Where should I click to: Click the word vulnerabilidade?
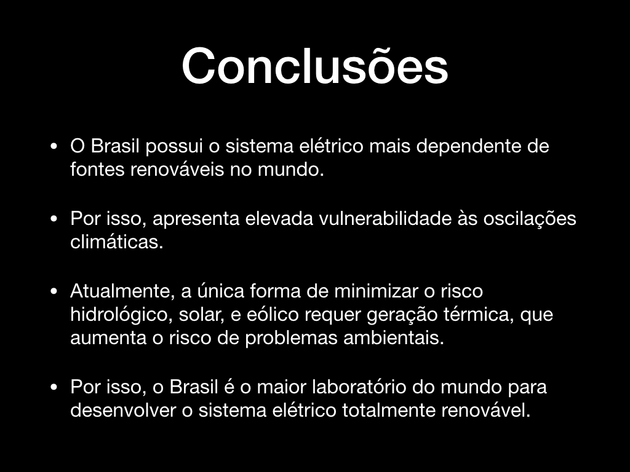point(385,219)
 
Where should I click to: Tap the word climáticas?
point(116,242)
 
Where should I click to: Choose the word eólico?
point(273,314)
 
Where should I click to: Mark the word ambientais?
point(394,338)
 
